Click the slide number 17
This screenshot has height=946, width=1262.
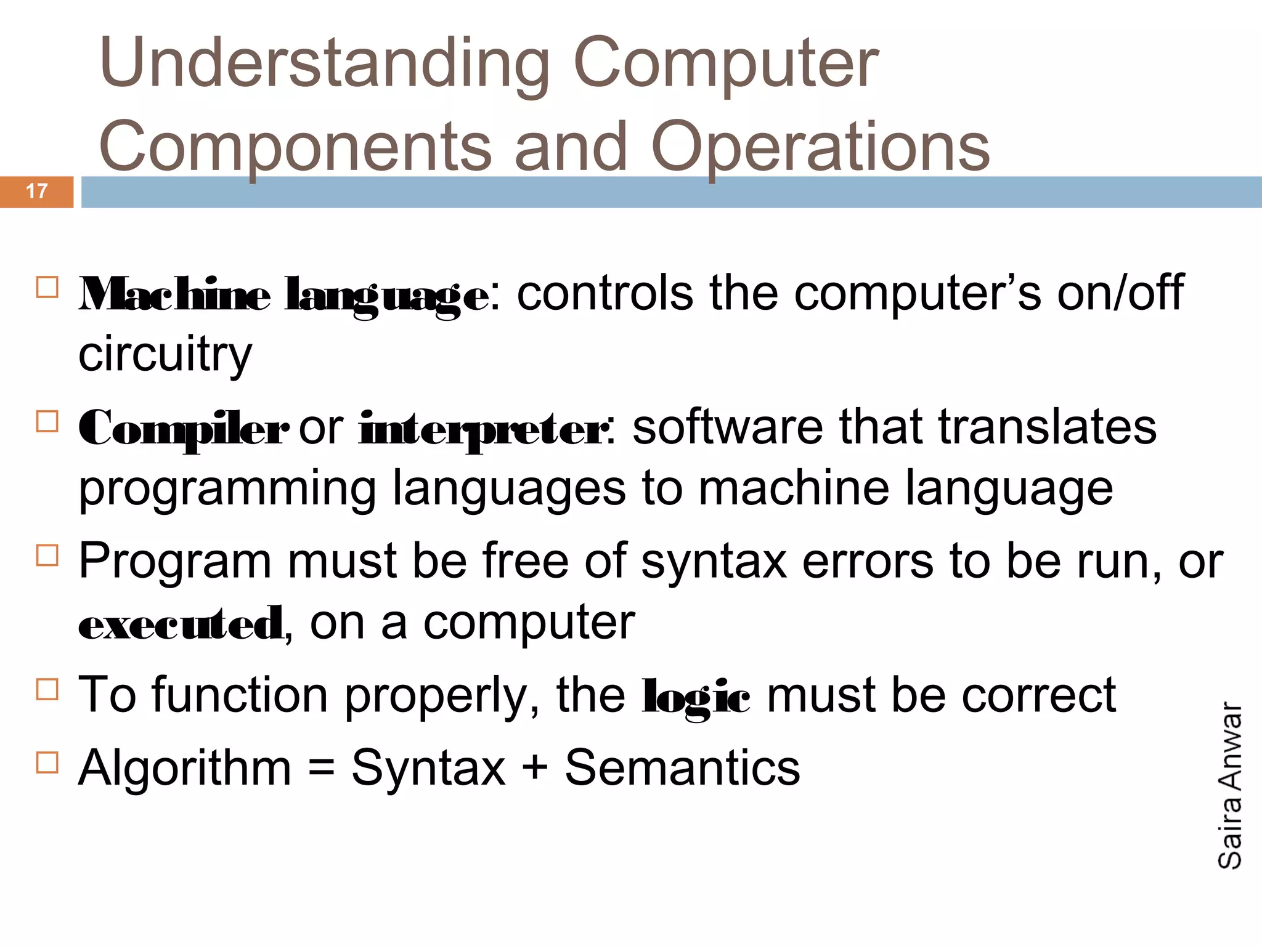37,191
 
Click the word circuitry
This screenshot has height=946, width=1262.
165,355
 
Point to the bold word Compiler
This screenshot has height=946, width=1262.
183,429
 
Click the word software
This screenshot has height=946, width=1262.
728,427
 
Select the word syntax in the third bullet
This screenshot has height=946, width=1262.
714,562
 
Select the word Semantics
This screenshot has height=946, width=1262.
682,769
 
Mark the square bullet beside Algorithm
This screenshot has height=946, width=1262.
47,762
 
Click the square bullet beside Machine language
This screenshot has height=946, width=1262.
47,288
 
